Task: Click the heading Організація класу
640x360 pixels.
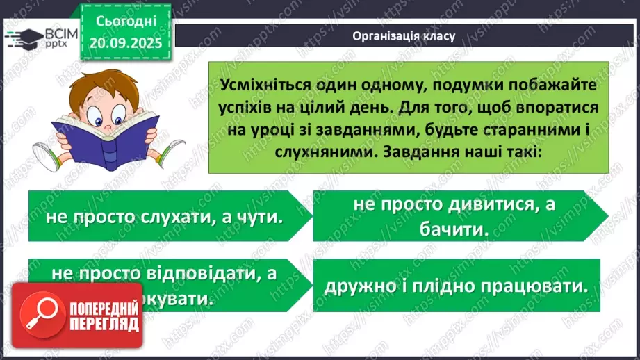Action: coord(404,36)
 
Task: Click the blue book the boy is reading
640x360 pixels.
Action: coord(94,138)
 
